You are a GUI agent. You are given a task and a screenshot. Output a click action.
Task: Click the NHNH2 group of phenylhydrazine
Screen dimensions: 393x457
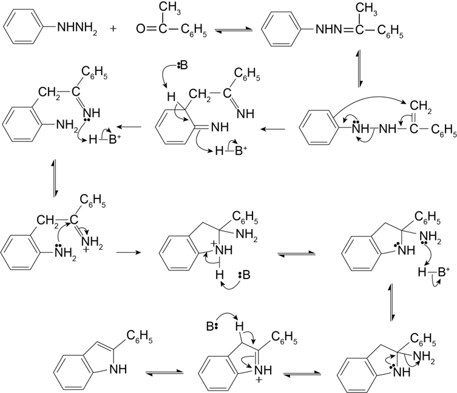tap(77, 27)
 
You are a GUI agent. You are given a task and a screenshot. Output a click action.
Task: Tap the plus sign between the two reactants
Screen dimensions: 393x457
tap(115, 28)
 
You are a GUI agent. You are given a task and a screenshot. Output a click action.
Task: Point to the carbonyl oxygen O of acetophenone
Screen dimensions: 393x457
tap(141, 28)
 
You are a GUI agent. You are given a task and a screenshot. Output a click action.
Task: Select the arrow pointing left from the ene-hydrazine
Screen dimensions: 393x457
tap(272, 129)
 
